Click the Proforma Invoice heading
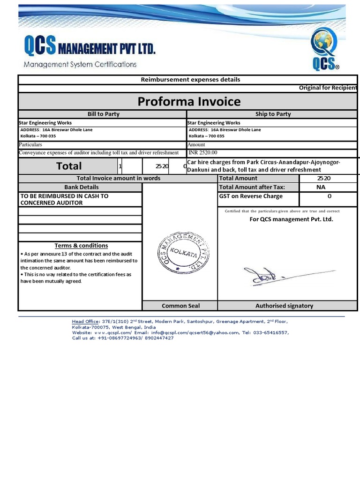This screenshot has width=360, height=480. pyautogui.click(x=189, y=101)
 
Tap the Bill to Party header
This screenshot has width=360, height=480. pyautogui.click(x=103, y=114)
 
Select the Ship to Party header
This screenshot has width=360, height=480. pyautogui.click(x=273, y=114)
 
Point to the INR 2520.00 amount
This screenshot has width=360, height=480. pyautogui.click(x=202, y=152)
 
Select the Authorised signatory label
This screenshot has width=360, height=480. pyautogui.click(x=284, y=306)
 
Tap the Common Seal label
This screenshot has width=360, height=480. pyautogui.click(x=180, y=306)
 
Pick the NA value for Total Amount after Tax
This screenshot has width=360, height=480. pyautogui.click(x=321, y=187)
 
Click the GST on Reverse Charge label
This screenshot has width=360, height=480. pyautogui.click(x=251, y=196)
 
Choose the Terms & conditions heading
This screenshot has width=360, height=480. pyautogui.click(x=81, y=246)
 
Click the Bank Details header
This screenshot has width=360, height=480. pyautogui.click(x=82, y=187)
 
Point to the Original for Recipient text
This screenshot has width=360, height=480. pyautogui.click(x=328, y=88)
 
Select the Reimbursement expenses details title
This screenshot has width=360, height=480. pyautogui.click(x=190, y=80)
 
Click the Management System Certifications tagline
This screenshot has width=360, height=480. pyautogui.click(x=80, y=64)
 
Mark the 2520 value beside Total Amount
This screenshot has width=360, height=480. pyautogui.click(x=323, y=178)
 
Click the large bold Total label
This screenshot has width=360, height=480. pyautogui.click(x=69, y=166)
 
